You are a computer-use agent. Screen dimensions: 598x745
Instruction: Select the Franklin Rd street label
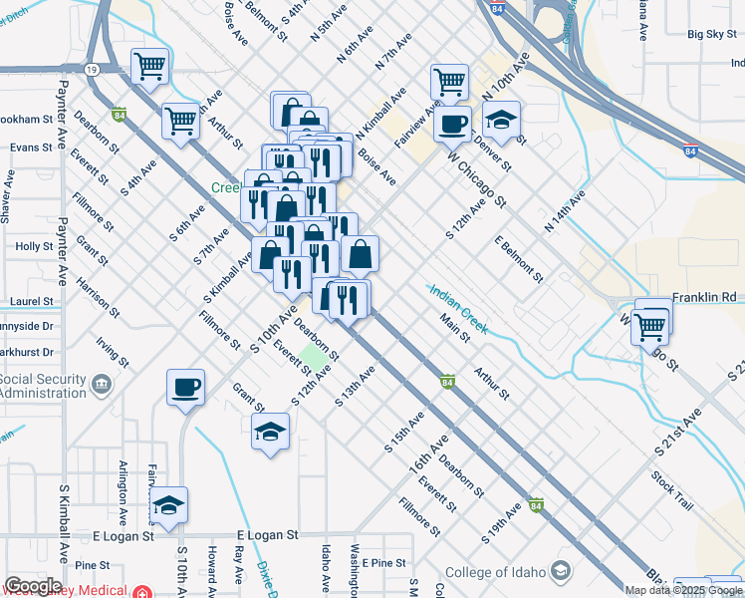pos(703,297)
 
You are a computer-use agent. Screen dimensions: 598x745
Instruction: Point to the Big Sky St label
pos(711,34)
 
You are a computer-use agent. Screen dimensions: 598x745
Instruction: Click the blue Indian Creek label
pos(458,309)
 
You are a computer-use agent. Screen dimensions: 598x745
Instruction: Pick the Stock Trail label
pos(672,490)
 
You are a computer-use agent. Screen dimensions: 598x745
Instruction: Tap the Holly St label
pos(34,246)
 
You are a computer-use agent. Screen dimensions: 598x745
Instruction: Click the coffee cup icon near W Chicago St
pos(453,124)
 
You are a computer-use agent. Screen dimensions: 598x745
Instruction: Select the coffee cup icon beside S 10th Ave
pos(186,387)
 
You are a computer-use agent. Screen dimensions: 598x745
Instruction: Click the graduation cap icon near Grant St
pos(270,433)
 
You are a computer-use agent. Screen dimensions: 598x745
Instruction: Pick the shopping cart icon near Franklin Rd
pos(650,324)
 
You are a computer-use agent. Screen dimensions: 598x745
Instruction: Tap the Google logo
pos(33,586)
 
